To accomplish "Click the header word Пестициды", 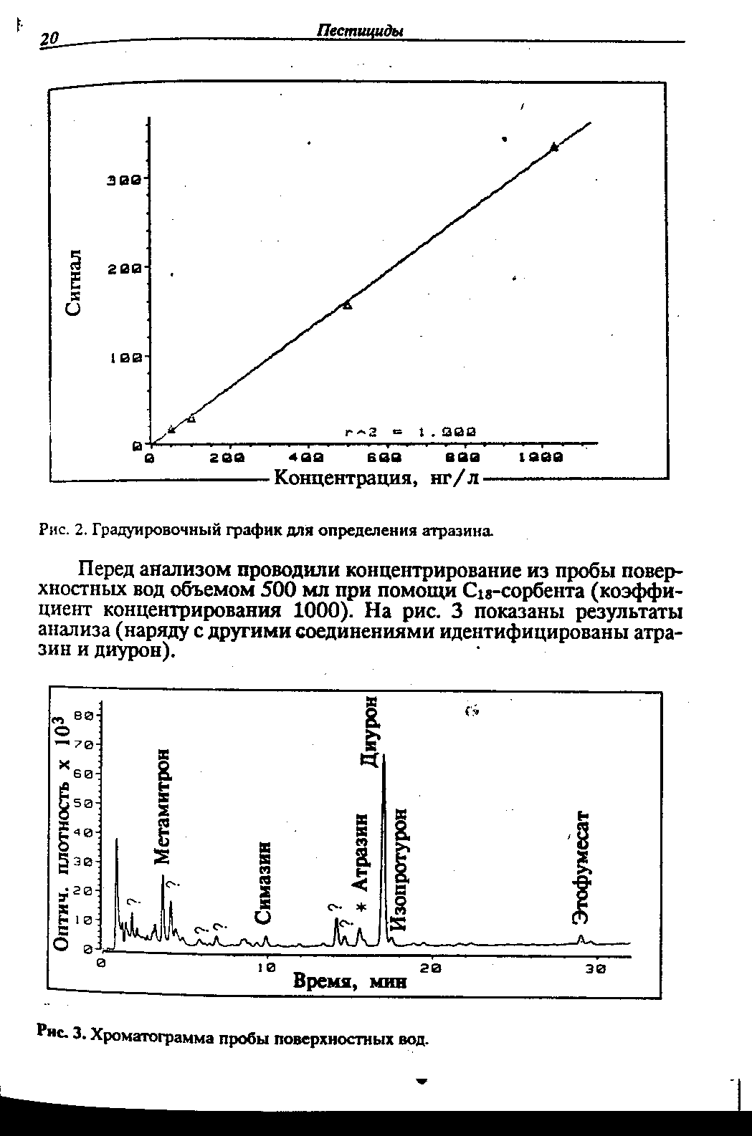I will click(359, 31).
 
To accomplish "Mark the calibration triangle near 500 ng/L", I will click(348, 304).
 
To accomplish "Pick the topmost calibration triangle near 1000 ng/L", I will click(553, 147).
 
